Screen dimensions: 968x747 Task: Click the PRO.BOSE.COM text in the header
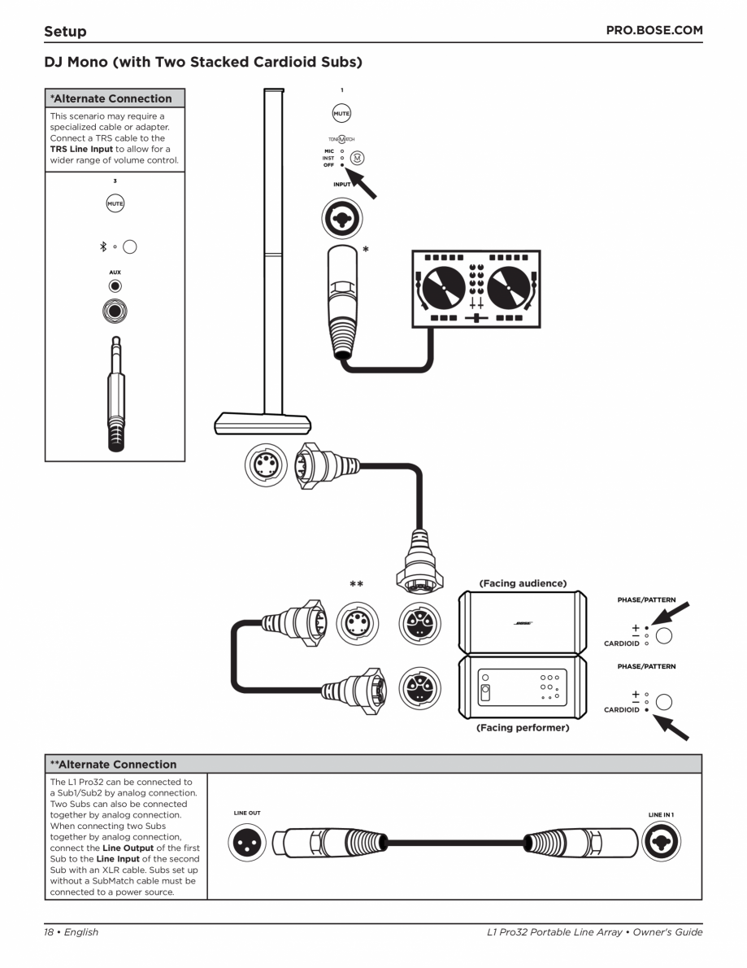(654, 30)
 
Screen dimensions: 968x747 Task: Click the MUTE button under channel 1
(341, 114)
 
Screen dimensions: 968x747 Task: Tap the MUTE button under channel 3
(115, 203)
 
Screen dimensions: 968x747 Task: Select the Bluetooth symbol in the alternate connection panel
(102, 246)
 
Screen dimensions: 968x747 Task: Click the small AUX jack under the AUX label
(115, 286)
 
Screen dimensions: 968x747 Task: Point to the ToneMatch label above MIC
(341, 139)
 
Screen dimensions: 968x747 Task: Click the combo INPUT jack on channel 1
(341, 216)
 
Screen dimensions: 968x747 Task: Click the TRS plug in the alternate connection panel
(115, 390)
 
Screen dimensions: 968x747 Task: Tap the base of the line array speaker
(263, 423)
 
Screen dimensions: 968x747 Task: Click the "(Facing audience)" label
(523, 583)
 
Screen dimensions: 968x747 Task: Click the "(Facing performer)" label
(523, 728)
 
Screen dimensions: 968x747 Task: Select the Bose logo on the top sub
(523, 623)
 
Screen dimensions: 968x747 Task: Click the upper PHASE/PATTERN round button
(664, 635)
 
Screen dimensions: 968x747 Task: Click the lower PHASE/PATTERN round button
(664, 702)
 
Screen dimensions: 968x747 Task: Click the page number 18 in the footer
(50, 932)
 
